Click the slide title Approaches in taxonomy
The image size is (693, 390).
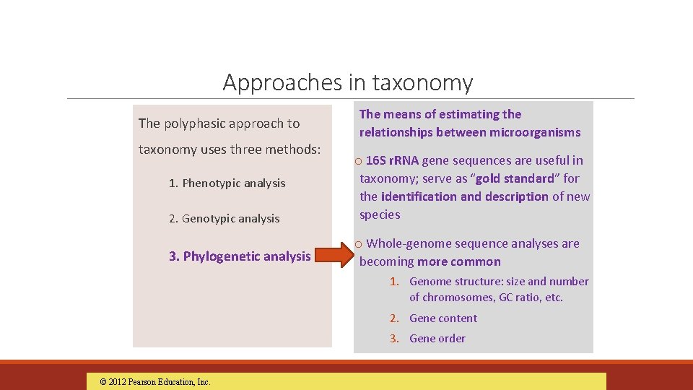(347, 82)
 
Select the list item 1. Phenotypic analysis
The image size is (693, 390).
(227, 183)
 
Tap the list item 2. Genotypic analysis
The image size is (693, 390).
(224, 219)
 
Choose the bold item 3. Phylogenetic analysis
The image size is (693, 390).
(240, 256)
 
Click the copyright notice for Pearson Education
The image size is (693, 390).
(154, 382)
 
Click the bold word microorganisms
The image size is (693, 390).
(535, 132)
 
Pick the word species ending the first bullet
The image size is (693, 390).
(380, 214)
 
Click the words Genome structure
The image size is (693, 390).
(452, 282)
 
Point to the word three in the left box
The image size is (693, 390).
(246, 149)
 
